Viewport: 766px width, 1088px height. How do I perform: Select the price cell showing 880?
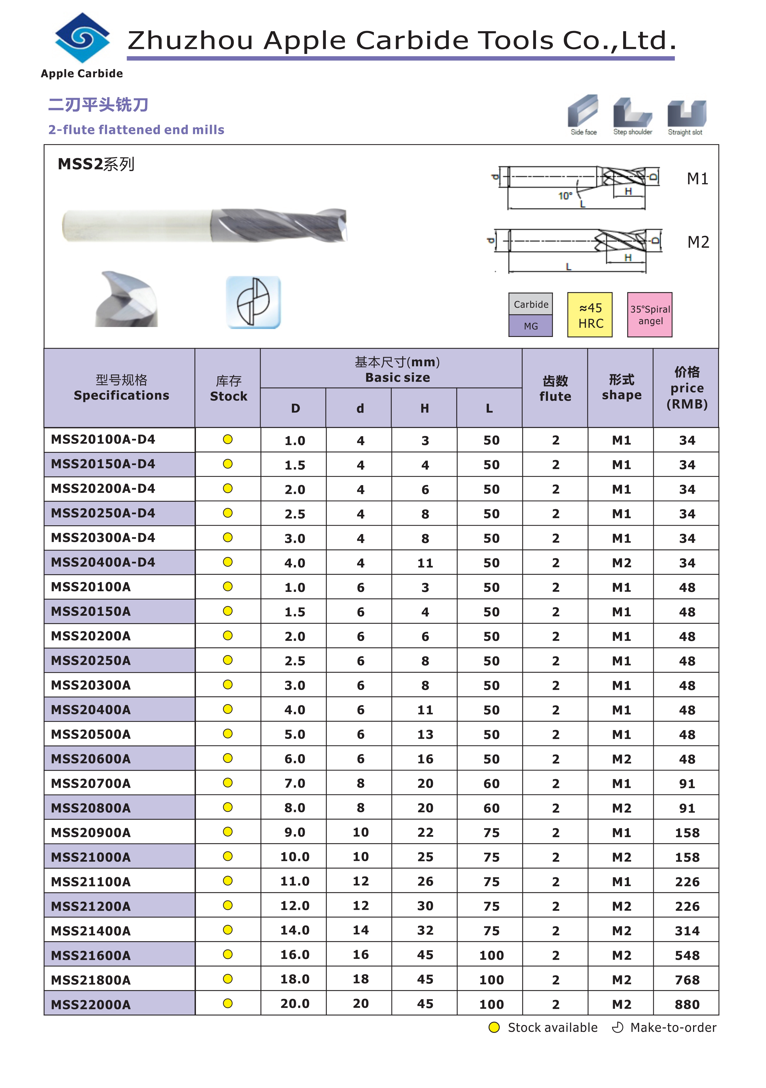(x=687, y=1004)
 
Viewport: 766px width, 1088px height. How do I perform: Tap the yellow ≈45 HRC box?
(x=590, y=315)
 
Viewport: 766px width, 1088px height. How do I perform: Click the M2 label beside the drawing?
(x=698, y=242)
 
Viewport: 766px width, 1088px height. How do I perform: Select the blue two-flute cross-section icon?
(x=254, y=302)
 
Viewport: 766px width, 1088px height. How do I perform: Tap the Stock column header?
(x=228, y=389)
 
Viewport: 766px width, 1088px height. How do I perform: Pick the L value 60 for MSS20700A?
(x=491, y=783)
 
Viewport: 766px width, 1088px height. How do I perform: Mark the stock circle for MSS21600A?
(x=228, y=954)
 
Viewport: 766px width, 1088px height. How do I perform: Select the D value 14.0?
(x=295, y=930)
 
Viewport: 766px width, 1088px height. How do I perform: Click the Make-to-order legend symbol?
(x=617, y=1027)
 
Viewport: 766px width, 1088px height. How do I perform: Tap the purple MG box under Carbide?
(x=530, y=326)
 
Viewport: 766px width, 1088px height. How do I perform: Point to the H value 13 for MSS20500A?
(x=425, y=734)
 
